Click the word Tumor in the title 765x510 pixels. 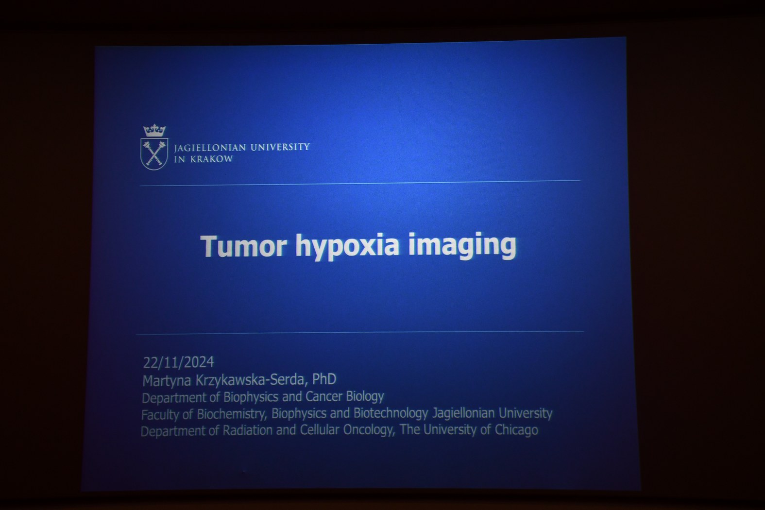point(243,246)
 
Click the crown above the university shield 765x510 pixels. point(154,131)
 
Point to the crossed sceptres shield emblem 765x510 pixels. point(154,153)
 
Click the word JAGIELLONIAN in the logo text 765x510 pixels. point(210,148)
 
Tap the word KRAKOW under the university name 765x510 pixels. point(211,159)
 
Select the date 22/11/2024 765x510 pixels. point(179,362)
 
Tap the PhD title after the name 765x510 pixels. point(324,379)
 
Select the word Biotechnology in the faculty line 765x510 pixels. point(391,413)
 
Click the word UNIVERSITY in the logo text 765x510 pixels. point(280,147)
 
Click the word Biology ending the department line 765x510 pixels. point(365,397)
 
